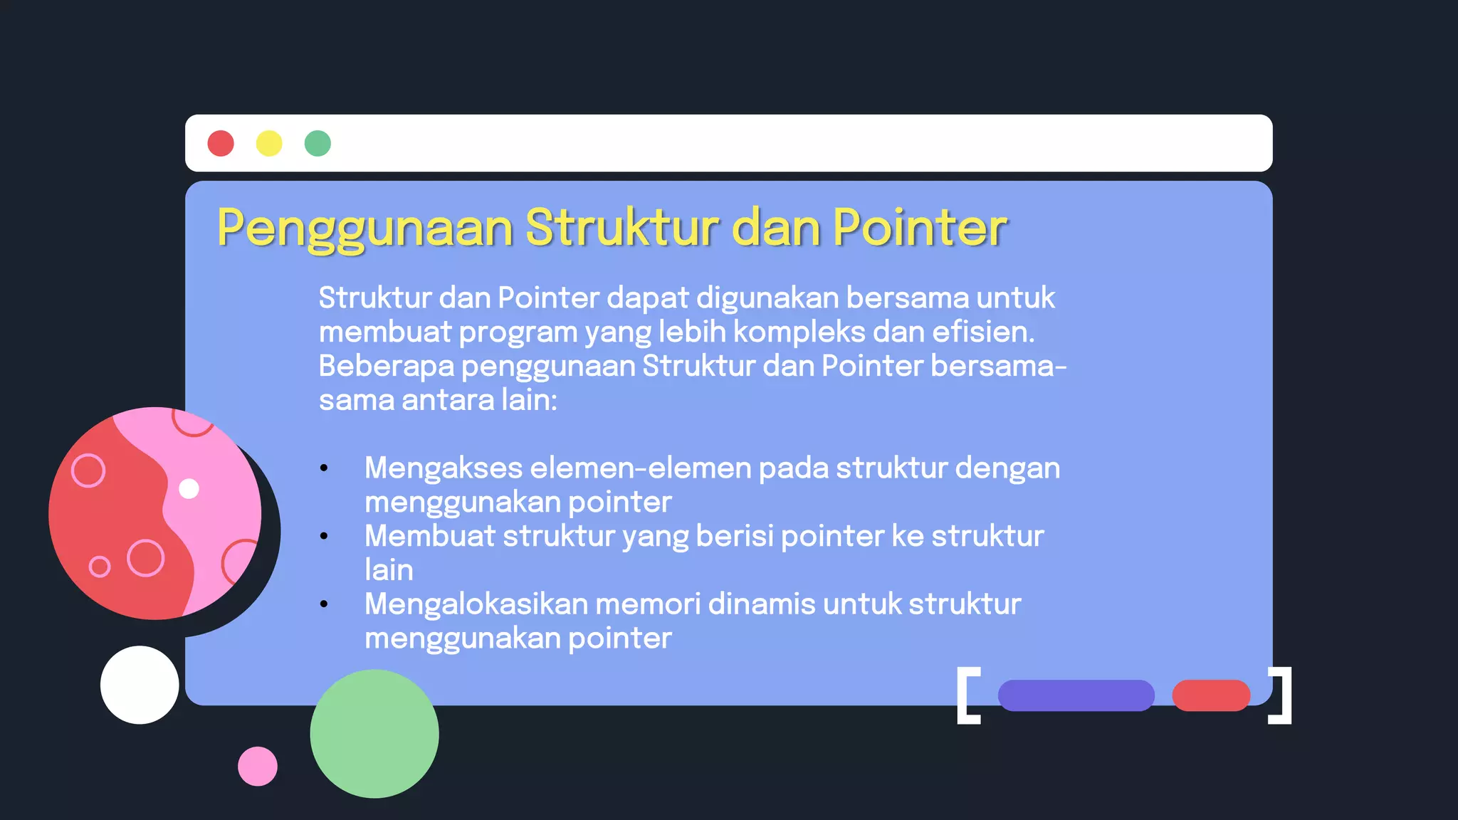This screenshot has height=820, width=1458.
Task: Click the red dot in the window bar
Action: [x=221, y=143]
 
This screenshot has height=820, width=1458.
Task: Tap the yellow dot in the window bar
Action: [x=269, y=143]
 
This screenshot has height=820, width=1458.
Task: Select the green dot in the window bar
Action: [x=318, y=143]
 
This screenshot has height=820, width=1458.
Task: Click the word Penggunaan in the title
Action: [x=364, y=228]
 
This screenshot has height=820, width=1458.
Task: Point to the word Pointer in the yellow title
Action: [x=920, y=228]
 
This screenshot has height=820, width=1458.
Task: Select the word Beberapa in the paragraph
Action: [x=387, y=366]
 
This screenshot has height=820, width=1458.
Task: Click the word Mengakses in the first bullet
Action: [x=444, y=468]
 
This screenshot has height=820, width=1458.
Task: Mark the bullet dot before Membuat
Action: [x=324, y=536]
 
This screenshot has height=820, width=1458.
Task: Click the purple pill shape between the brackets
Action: [x=1076, y=695]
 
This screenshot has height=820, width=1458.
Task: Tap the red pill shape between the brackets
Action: [x=1211, y=695]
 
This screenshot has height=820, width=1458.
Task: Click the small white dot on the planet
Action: [x=189, y=489]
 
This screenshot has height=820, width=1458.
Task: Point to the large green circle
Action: [x=374, y=733]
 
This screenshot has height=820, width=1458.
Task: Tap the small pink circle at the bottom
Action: [x=258, y=766]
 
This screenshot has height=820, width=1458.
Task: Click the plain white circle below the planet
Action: [x=140, y=685]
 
